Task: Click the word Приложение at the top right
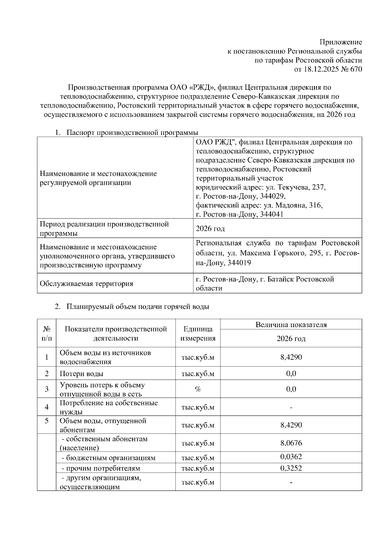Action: point(341,42)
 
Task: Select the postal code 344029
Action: point(272,196)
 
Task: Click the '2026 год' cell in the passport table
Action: point(210,229)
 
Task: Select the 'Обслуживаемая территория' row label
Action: point(86,284)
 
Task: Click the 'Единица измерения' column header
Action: point(198,334)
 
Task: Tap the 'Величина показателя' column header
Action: point(291,324)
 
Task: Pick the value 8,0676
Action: point(291,443)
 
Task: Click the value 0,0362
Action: point(291,457)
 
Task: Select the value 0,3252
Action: point(291,468)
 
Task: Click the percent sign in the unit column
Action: point(198,389)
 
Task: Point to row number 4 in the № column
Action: point(46,407)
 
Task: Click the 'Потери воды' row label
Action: point(81,374)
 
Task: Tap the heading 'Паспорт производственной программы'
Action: point(132,133)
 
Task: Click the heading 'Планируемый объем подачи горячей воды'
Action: point(138,307)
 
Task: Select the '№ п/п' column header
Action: point(46,334)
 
